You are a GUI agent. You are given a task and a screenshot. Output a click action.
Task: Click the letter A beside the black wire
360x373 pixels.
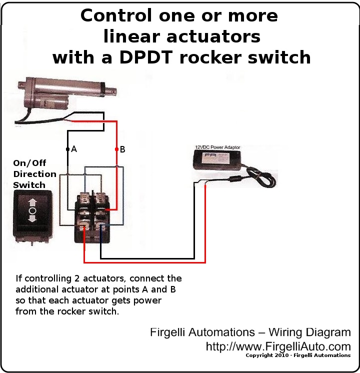coord(74,149)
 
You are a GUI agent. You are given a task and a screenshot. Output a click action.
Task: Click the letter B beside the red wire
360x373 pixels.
coord(122,149)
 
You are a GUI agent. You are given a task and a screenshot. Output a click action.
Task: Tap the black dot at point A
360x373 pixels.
coord(67,149)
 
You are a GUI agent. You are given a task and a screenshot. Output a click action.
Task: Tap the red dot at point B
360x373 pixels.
coord(116,149)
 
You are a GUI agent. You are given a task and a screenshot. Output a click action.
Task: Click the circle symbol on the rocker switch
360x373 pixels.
coord(32,210)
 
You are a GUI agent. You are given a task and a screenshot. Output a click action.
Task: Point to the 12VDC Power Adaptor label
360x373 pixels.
coord(217,147)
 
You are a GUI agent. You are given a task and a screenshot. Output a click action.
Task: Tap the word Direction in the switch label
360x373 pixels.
coord(34,174)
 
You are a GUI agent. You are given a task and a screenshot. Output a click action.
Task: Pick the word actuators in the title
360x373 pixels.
coord(213,36)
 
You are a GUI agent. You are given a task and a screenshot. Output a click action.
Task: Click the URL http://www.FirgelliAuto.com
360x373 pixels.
coord(278,346)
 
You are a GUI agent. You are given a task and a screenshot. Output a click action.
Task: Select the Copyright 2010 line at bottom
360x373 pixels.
coord(298,355)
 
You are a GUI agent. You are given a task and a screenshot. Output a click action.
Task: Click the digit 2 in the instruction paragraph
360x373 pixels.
coord(77,278)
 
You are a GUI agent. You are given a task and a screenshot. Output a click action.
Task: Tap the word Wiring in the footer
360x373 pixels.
coord(285,332)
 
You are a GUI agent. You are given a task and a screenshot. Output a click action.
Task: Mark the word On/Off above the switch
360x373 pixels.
coord(29,163)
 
